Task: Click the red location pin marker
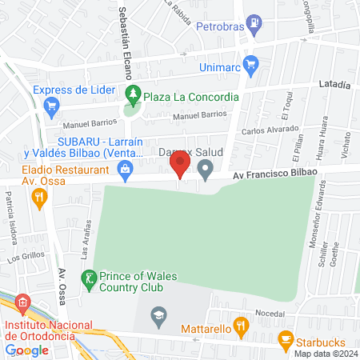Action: click(180, 166)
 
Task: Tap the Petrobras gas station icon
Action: click(253, 23)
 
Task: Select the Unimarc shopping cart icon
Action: click(250, 62)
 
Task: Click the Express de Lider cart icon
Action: click(52, 104)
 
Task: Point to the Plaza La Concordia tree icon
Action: click(134, 96)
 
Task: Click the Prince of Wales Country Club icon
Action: click(88, 278)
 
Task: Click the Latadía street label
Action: click(334, 83)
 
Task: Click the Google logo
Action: click(26, 350)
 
